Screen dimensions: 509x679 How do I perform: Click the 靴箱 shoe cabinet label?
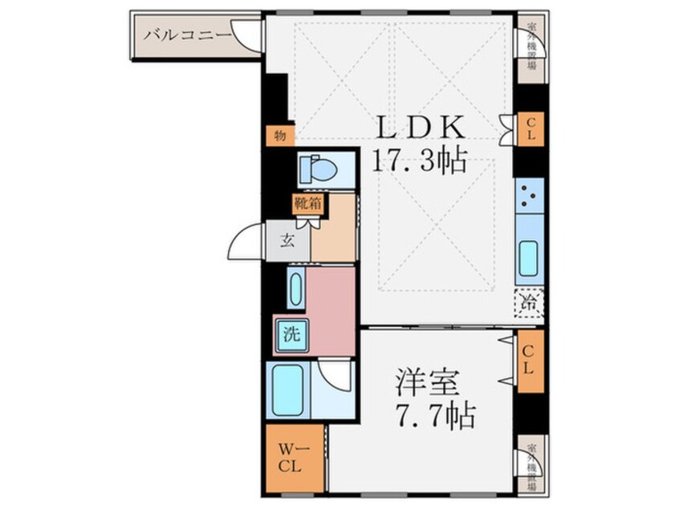[x=307, y=203]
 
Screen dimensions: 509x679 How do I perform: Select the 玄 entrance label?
[x=287, y=238]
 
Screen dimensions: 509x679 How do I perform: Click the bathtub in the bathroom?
[x=287, y=389]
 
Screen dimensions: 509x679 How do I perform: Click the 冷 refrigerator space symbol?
[x=529, y=303]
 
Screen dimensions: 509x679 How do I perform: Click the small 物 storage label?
[x=279, y=136]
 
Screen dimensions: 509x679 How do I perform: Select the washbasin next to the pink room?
[x=295, y=289]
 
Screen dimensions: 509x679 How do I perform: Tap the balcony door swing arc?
[x=247, y=35]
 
